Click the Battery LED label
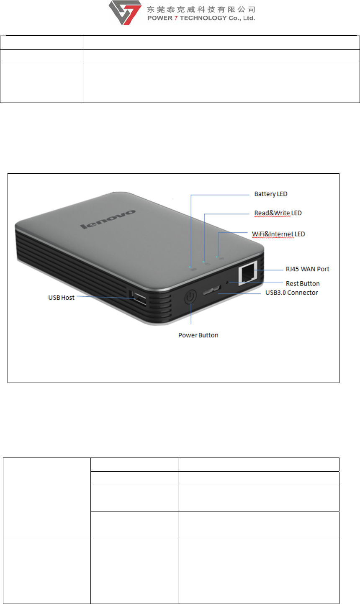point(270,194)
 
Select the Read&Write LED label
point(278,213)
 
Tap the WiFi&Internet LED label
point(278,234)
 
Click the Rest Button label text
point(303,283)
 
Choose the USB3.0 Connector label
point(291,293)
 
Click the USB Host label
point(61,298)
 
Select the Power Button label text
point(198,335)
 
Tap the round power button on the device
point(191,297)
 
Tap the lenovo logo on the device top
point(108,219)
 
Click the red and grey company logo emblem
point(125,13)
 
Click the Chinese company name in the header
point(201,9)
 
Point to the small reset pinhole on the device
point(227,283)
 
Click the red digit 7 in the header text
point(176,18)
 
